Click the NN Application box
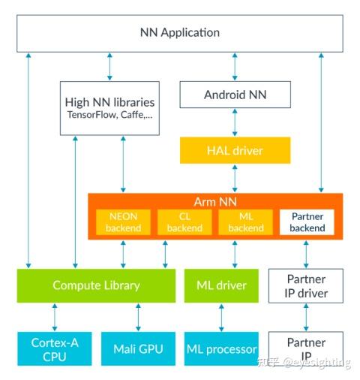coord(180,33)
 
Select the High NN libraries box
coord(110,107)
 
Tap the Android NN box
coord(235,95)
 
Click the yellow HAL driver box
coord(235,150)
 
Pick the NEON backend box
coord(123,222)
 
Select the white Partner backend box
coord(307,222)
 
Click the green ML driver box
coord(220,285)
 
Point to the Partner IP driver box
coord(306,285)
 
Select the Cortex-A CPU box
coord(54,348)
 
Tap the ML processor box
coord(220,348)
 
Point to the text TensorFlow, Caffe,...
coord(110,117)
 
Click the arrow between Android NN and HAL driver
coord(235,122)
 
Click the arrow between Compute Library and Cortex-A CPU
coord(54,317)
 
